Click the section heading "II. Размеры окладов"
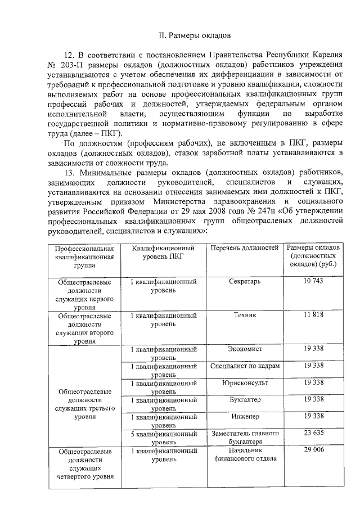pyautogui.click(x=192, y=35)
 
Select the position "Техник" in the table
pyautogui.click(x=245, y=315)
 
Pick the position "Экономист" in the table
pyautogui.click(x=245, y=349)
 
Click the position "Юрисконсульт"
pyautogui.click(x=245, y=382)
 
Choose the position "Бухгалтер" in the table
pyautogui.click(x=245, y=399)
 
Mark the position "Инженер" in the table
pyautogui.click(x=245, y=416)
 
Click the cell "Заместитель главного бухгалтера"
pyautogui.click(x=245, y=437)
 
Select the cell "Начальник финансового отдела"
pyautogui.click(x=245, y=454)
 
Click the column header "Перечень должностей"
pyautogui.click(x=245, y=247)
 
